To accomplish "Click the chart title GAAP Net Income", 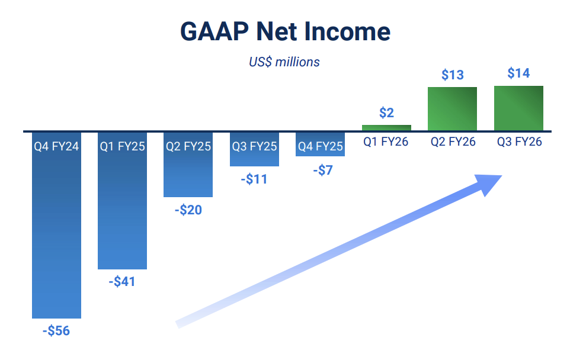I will tap(285, 31).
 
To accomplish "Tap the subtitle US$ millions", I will tap(284, 62).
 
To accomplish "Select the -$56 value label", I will tap(56, 330).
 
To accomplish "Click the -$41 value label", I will tap(122, 282).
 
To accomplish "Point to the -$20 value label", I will tap(188, 210).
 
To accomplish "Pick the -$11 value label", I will tap(254, 179).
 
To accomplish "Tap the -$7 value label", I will tap(320, 170).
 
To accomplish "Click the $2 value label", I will tap(386, 112).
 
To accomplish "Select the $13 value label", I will tap(453, 75).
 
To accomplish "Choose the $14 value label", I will tap(518, 73).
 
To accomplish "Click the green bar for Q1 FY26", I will tap(386, 127).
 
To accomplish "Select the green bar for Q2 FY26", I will tap(453, 109).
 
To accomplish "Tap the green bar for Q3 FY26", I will tap(518, 108).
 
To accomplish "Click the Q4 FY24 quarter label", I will tap(56, 146).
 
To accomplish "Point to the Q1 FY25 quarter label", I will tap(122, 146).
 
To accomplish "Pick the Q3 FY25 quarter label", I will tap(254, 146).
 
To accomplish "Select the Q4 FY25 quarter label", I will tap(320, 146).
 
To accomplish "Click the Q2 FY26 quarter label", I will tap(453, 142).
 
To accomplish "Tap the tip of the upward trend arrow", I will tap(501, 176).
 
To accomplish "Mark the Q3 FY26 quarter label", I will tap(518, 142).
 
